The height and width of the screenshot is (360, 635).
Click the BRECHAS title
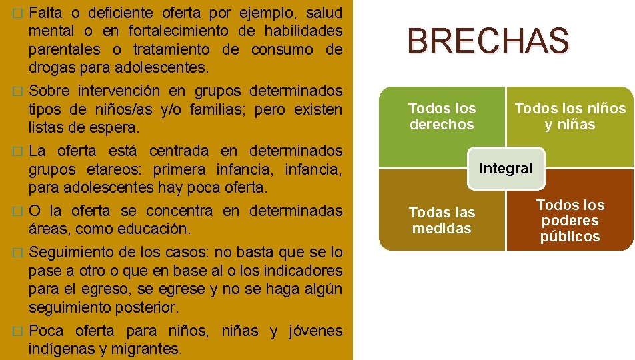pyautogui.click(x=488, y=41)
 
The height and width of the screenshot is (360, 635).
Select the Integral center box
pyautogui.click(x=506, y=169)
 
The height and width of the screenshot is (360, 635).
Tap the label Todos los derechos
pyautogui.click(x=442, y=116)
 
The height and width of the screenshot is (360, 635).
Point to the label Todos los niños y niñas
pyautogui.click(x=570, y=116)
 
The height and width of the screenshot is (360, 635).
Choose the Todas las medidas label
pyautogui.click(x=442, y=220)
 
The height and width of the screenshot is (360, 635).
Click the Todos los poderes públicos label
pyautogui.click(x=570, y=220)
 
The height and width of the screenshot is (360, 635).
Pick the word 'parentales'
pyautogui.click(x=62, y=49)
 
